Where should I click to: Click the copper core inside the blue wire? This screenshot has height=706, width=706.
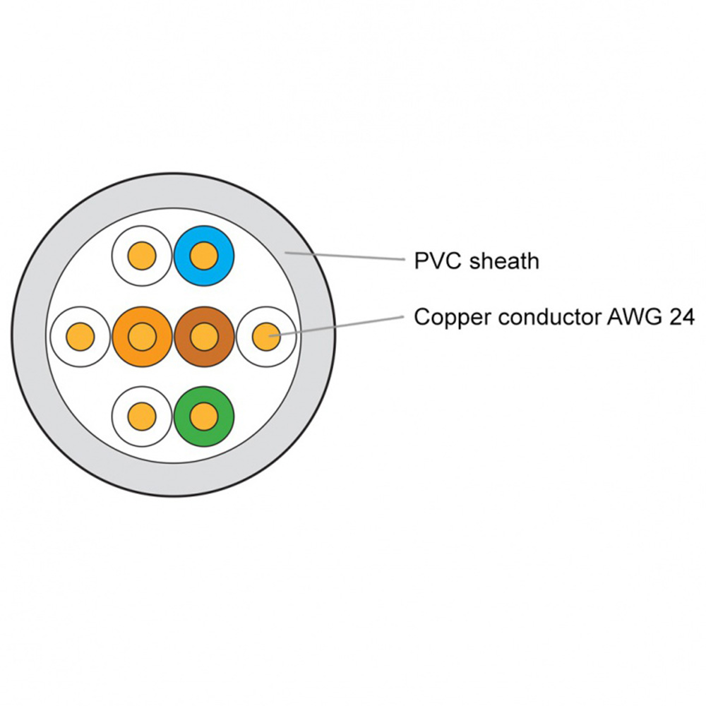[x=204, y=256]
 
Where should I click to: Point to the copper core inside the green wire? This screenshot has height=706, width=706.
[x=204, y=416]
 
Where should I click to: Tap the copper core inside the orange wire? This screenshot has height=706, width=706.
[x=143, y=336]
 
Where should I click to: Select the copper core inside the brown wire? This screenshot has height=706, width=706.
[x=204, y=336]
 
